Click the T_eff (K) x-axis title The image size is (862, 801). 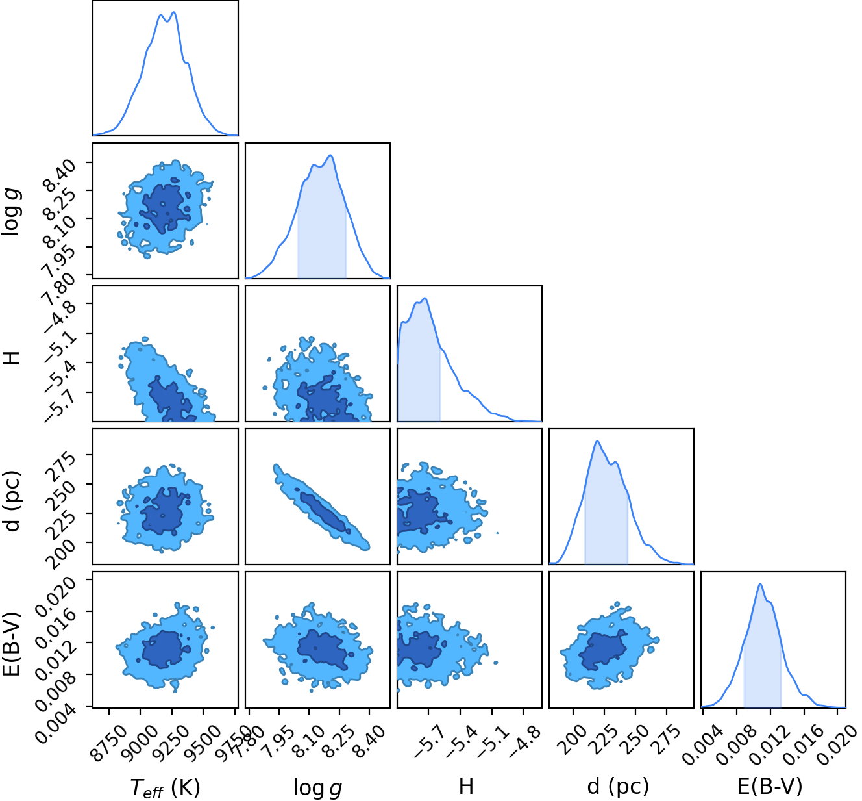[x=165, y=787]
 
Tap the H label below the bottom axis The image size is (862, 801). [x=465, y=786]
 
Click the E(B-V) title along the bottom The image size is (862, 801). [x=770, y=786]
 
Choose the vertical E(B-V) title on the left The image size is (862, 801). [x=13, y=644]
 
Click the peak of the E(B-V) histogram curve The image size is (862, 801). [x=760, y=583]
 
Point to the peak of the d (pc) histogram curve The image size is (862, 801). [x=597, y=441]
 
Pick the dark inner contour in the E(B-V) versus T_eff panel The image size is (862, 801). [x=165, y=649]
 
